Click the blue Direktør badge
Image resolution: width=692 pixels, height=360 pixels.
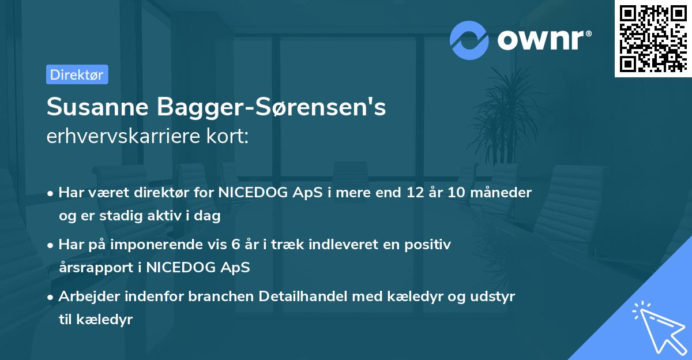(x=77, y=74)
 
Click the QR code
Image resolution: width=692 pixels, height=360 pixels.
(x=653, y=38)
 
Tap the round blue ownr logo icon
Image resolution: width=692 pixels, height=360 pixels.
(x=469, y=40)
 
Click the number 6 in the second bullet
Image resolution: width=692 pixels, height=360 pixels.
(x=235, y=244)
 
